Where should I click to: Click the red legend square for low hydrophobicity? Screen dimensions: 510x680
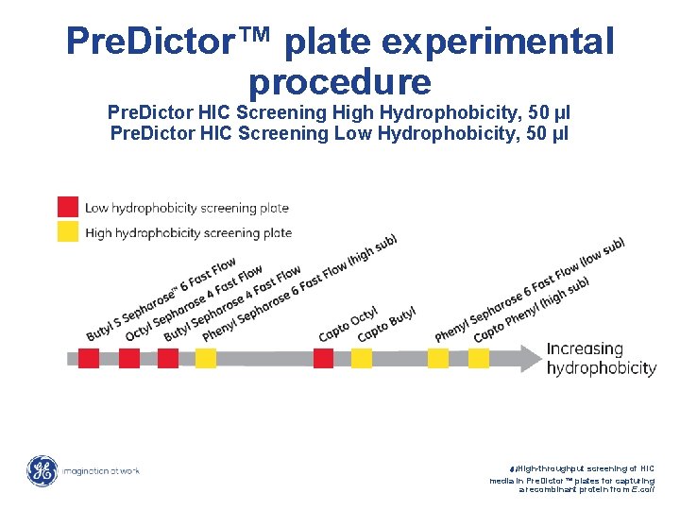pyautogui.click(x=68, y=207)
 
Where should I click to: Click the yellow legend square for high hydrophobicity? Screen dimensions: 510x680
pyautogui.click(x=68, y=231)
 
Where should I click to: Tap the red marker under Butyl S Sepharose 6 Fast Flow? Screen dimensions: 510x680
pyautogui.click(x=89, y=358)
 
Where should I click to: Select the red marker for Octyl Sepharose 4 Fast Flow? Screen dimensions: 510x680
pyautogui.click(x=128, y=358)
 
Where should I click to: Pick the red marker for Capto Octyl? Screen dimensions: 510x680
pyautogui.click(x=323, y=358)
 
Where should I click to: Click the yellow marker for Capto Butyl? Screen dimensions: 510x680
pyautogui.click(x=362, y=358)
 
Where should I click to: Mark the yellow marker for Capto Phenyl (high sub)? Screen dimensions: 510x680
pyautogui.click(x=479, y=358)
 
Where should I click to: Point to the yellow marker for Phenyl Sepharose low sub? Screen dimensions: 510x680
pyautogui.click(x=438, y=358)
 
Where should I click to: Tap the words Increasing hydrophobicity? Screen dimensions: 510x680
pyautogui.click(x=601, y=359)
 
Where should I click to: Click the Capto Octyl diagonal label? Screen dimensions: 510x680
pyautogui.click(x=348, y=324)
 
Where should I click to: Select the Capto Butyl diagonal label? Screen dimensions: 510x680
pyautogui.click(x=387, y=324)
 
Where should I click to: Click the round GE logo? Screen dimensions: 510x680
pyautogui.click(x=42, y=470)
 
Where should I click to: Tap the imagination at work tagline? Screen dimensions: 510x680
pyautogui.click(x=102, y=470)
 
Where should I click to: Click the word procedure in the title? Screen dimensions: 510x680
pyautogui.click(x=340, y=82)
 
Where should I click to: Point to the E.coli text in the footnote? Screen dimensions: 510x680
pyautogui.click(x=638, y=489)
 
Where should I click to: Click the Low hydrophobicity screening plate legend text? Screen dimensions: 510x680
pyautogui.click(x=187, y=208)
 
